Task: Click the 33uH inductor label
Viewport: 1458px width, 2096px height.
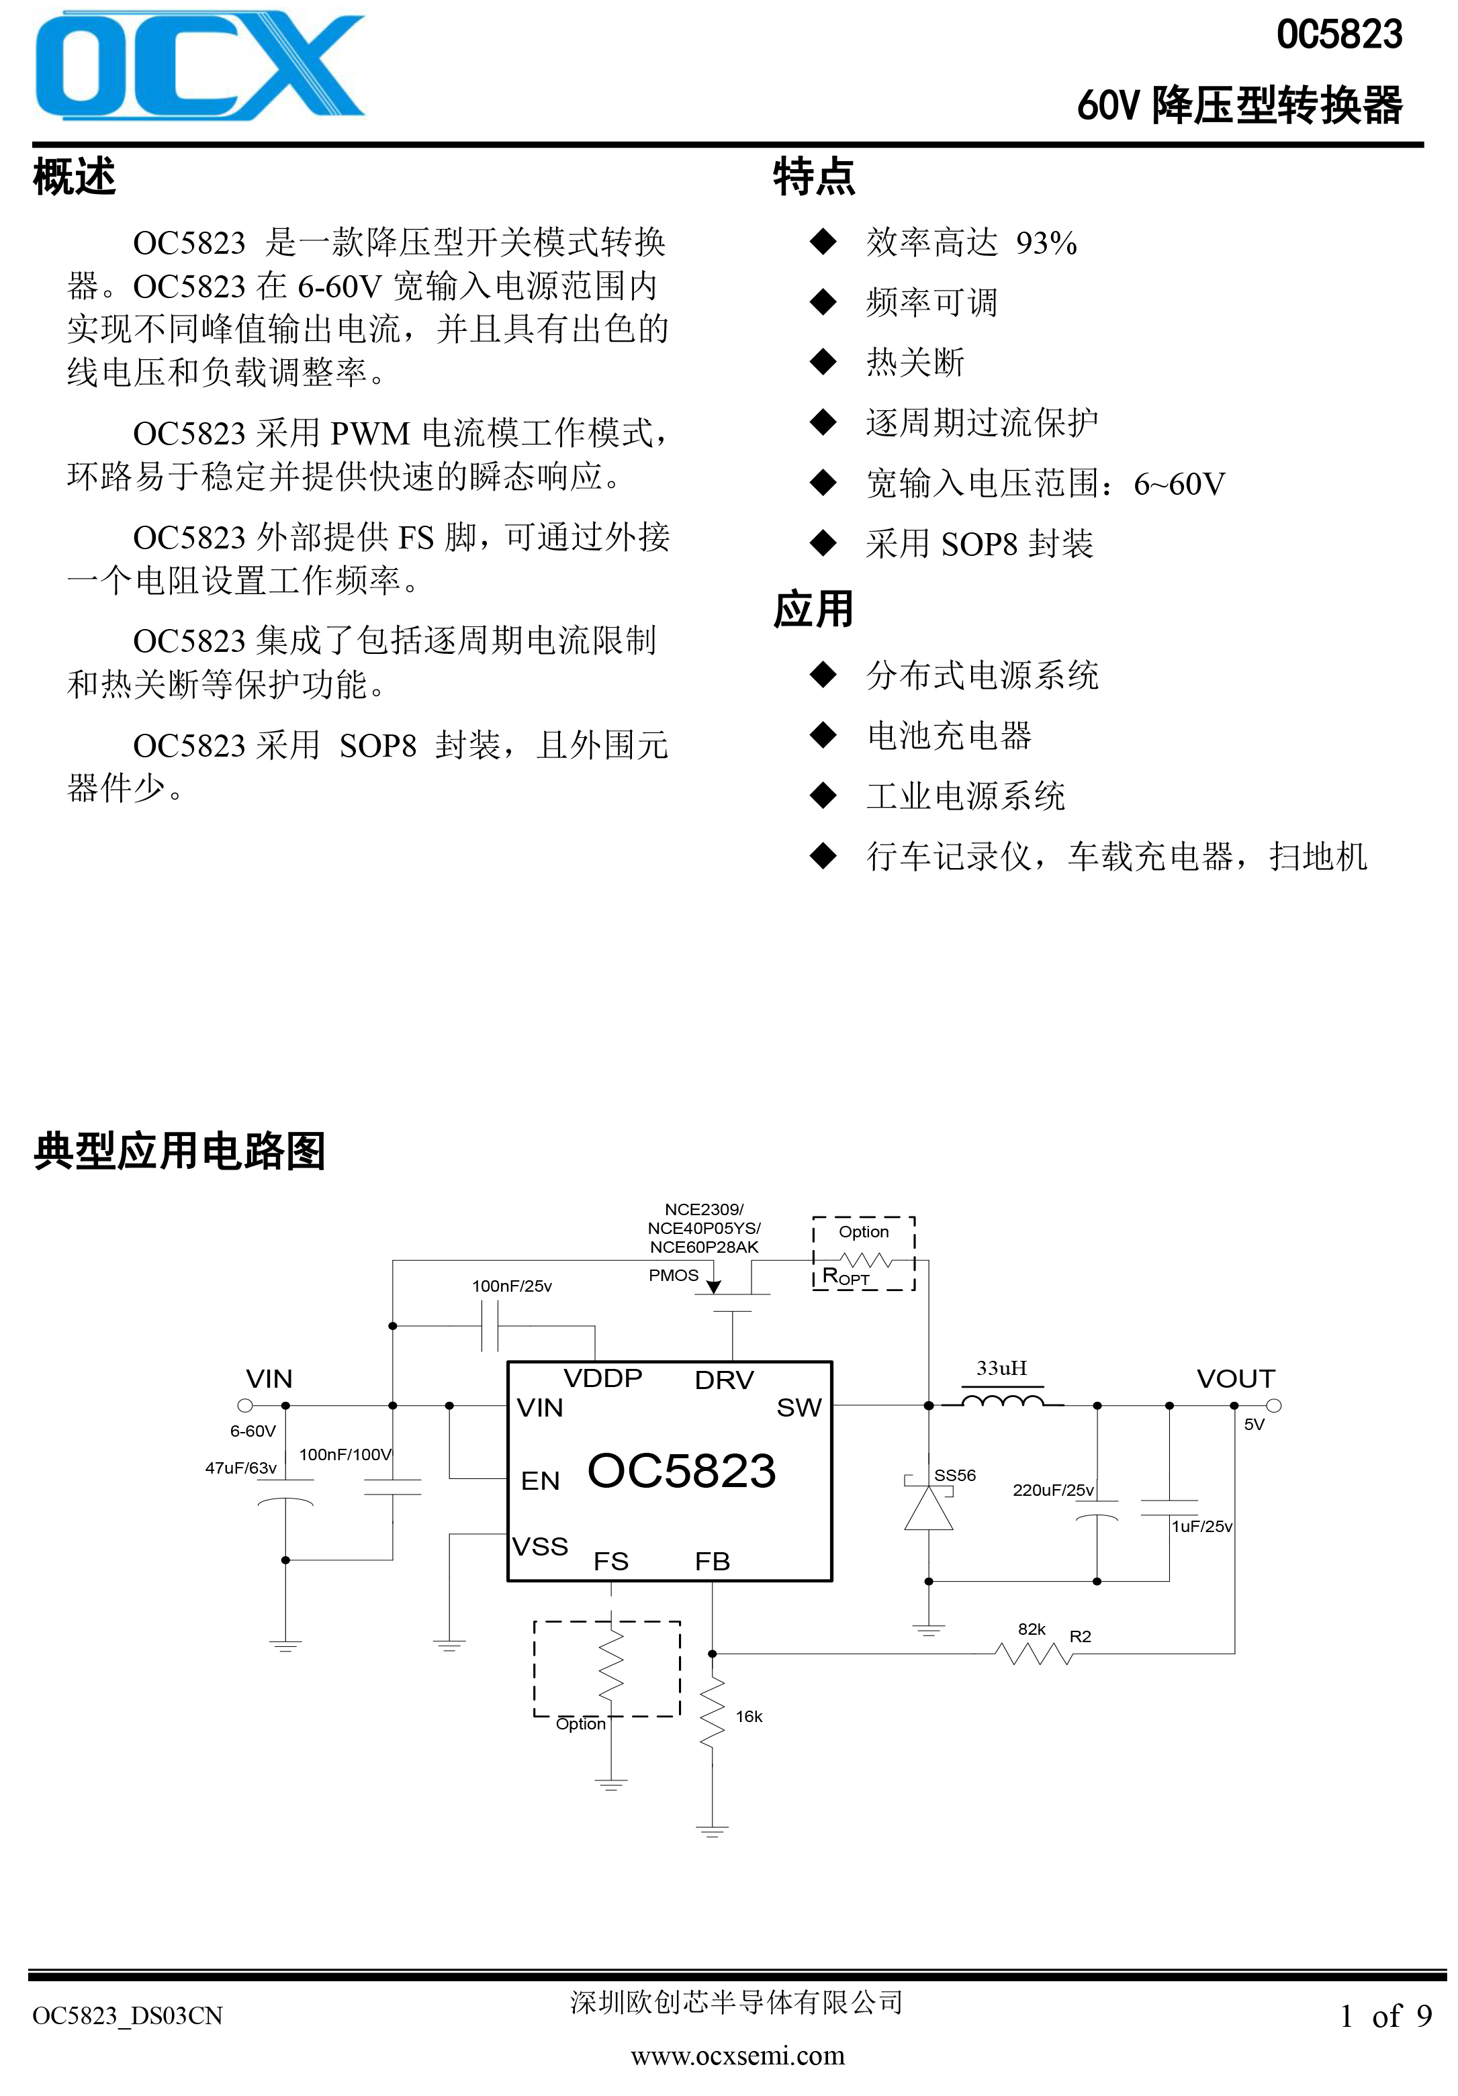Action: pos(1001,1368)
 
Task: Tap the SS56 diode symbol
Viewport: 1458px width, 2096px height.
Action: pos(929,1505)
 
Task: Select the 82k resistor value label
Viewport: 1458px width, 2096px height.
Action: pos(1032,1629)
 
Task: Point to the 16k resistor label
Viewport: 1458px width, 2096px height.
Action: pos(749,1716)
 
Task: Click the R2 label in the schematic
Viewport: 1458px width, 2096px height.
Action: pos(1080,1637)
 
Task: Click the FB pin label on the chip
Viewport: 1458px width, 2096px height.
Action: pos(712,1561)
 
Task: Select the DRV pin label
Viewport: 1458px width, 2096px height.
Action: pos(724,1380)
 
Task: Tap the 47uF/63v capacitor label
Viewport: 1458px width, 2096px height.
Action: pos(240,1468)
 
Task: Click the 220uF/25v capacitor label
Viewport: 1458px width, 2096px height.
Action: pos(1052,1490)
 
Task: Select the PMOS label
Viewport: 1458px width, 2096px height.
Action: pos(674,1276)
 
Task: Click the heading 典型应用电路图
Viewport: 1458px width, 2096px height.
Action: pos(180,1151)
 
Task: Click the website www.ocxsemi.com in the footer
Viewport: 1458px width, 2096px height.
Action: pos(737,2055)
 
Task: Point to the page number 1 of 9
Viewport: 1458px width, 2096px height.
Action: pos(1385,2015)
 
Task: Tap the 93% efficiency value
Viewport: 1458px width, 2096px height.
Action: pos(1046,243)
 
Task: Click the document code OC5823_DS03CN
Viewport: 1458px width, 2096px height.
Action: pos(128,2015)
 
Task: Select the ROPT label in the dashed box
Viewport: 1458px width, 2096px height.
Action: pos(846,1276)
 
